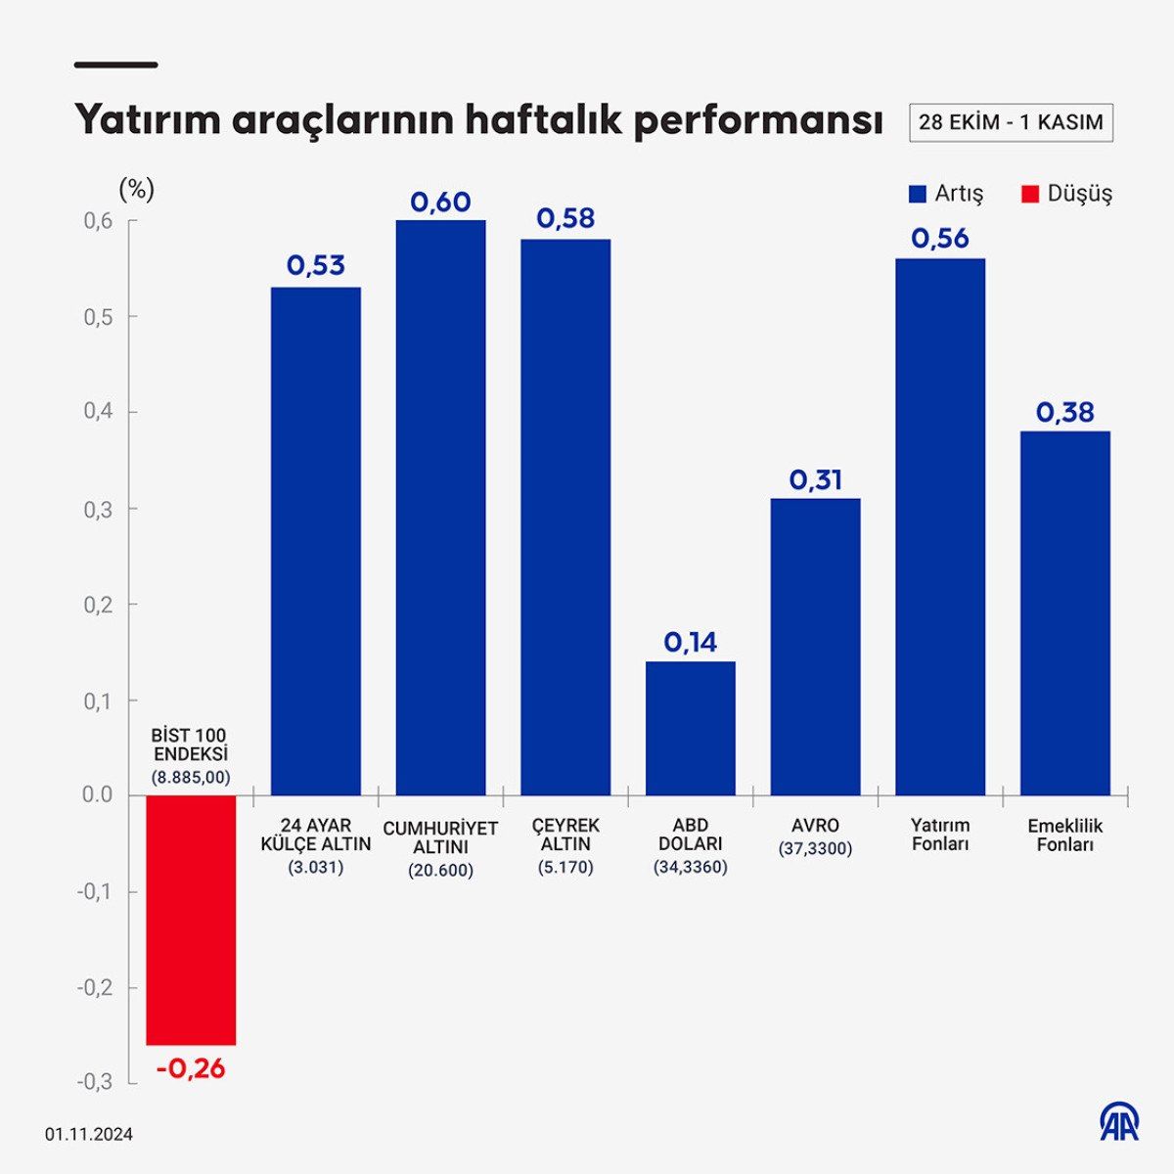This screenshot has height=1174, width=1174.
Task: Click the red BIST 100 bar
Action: pos(191,920)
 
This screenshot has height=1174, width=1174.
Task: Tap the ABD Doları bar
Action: pos(690,728)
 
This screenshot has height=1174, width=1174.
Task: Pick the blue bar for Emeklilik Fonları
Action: pos(1064,612)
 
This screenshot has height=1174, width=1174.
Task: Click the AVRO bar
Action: pos(815,646)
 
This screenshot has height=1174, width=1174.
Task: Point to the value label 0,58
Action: pos(565,219)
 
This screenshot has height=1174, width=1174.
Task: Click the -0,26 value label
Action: pos(191,1068)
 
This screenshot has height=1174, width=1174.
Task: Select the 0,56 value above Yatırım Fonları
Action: pos(940,239)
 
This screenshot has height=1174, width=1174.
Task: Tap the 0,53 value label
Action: pos(315,266)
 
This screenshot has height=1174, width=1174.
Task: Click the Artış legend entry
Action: pos(946,194)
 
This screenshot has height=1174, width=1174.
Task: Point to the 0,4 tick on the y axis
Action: pos(99,412)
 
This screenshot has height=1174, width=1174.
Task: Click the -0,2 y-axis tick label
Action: pos(95,987)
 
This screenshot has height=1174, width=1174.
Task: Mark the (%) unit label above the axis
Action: pos(136,189)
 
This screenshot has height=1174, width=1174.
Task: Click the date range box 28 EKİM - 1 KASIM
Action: pos(1011,122)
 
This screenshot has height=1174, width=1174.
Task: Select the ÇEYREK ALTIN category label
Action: pos(565,835)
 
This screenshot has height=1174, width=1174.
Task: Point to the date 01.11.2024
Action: pos(88,1135)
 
